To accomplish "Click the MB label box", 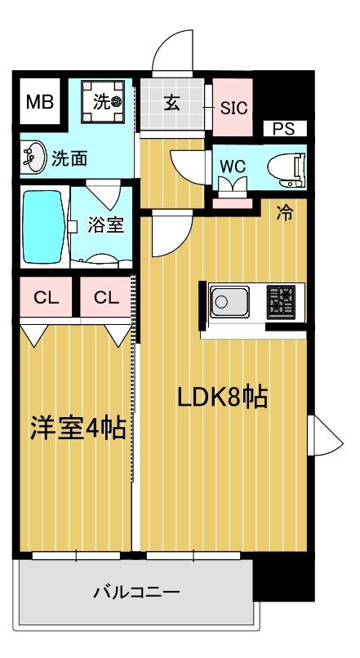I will (x=38, y=102).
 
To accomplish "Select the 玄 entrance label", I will (x=172, y=103).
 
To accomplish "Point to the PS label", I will (x=283, y=128).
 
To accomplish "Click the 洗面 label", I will (x=69, y=158).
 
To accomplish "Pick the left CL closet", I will (x=47, y=297).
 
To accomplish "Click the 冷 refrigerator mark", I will (x=285, y=213).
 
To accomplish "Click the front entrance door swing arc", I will (x=173, y=51).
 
